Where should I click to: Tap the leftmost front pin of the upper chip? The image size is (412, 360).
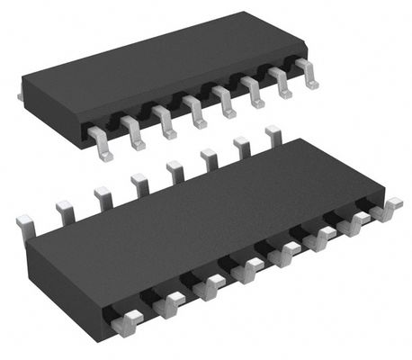click(x=103, y=144)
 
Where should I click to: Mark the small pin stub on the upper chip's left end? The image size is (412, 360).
click(x=21, y=94)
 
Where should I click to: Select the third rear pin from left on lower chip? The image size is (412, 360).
click(x=103, y=197)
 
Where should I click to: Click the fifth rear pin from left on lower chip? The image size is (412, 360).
click(x=175, y=171)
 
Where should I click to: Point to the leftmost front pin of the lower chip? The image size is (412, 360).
click(x=130, y=320)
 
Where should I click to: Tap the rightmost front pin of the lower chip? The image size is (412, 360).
click(x=388, y=212)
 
